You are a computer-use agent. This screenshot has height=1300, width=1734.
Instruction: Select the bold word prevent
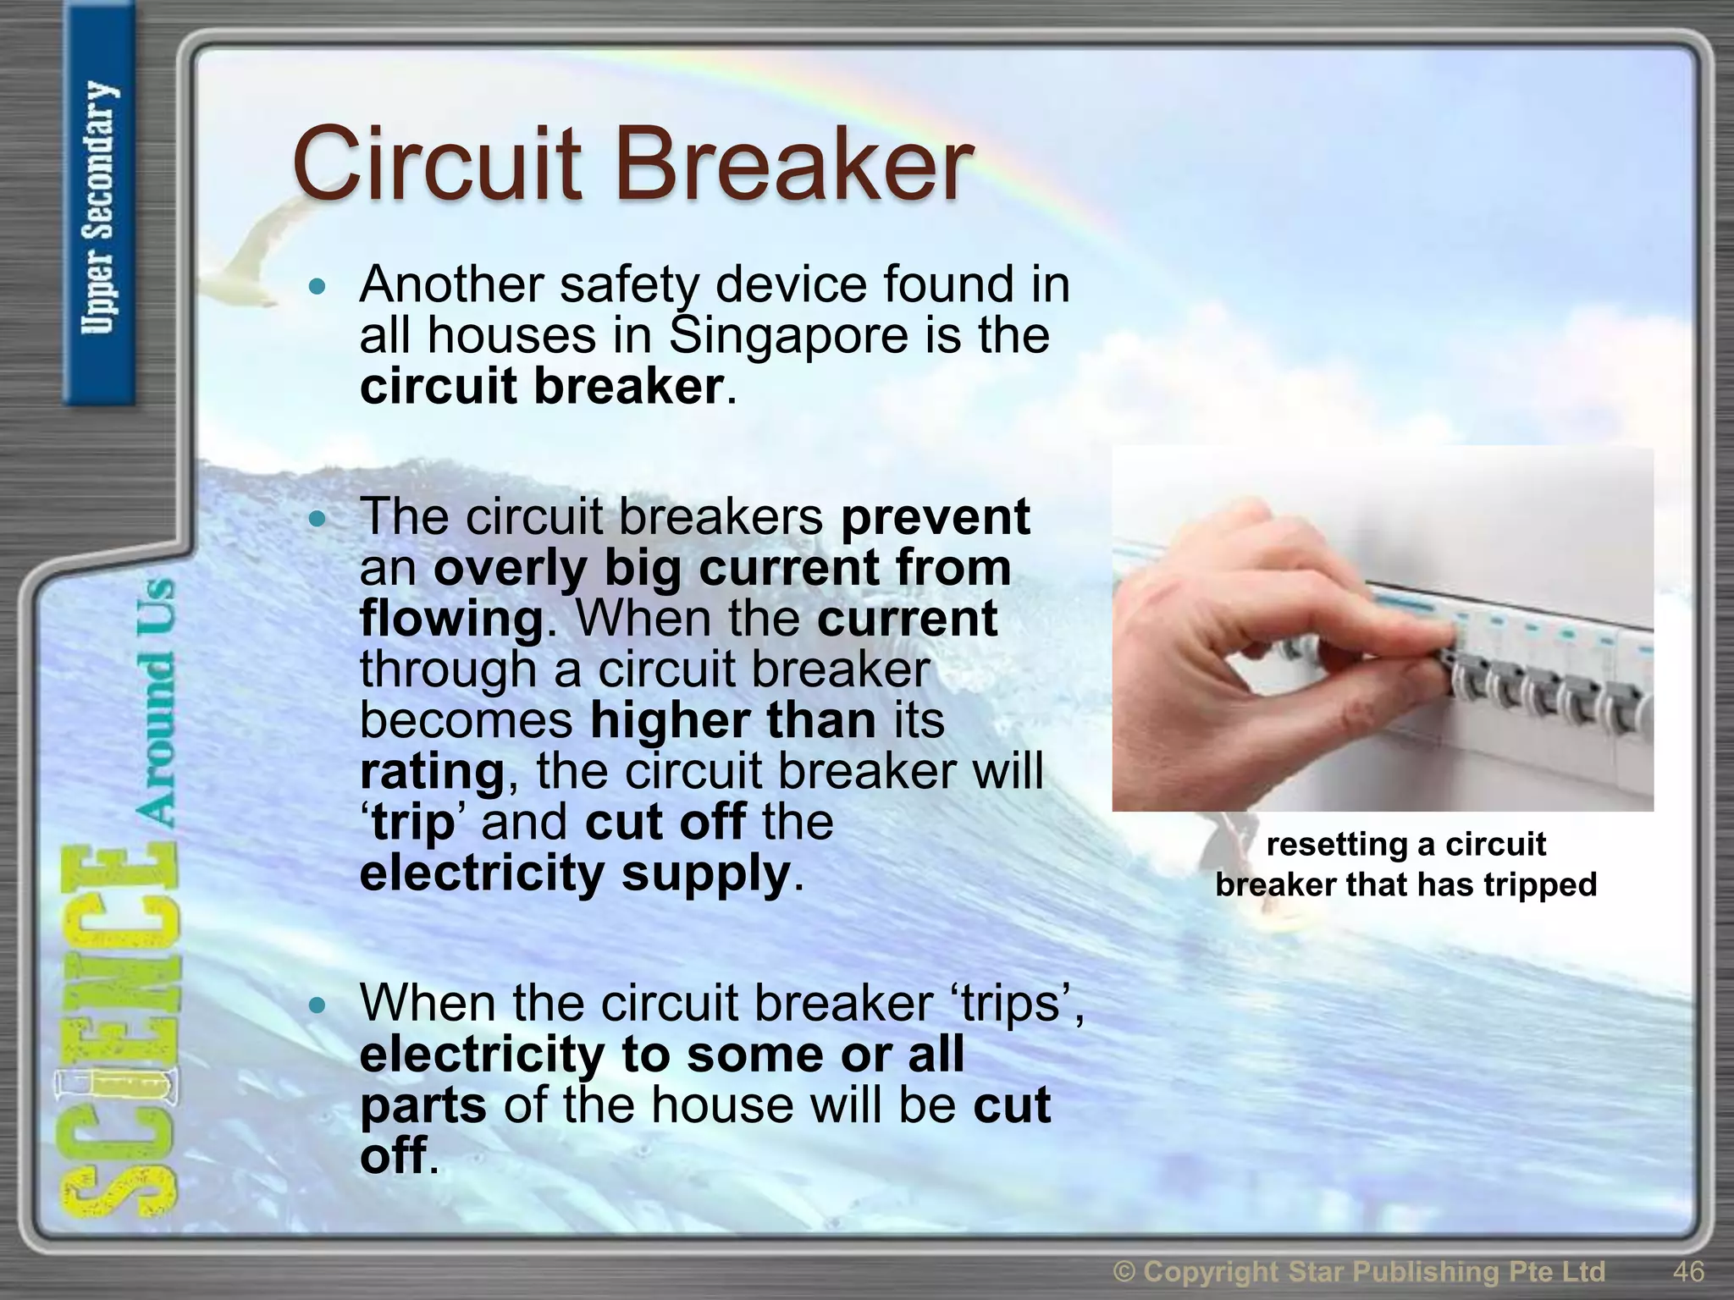[935, 516]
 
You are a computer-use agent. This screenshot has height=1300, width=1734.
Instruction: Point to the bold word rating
[432, 772]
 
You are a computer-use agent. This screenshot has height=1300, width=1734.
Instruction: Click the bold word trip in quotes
[413, 823]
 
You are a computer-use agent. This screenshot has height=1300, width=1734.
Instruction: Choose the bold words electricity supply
[576, 873]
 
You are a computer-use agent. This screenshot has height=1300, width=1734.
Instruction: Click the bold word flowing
[450, 619]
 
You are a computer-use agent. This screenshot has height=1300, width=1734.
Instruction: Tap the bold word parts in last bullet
[422, 1106]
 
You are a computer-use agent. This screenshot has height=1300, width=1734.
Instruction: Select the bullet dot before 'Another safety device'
[318, 288]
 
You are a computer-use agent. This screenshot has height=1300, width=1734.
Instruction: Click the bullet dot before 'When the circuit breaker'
[318, 1005]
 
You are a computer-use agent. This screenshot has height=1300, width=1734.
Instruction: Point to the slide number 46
[1688, 1271]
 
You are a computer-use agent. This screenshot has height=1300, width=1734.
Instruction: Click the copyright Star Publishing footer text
[1359, 1271]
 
